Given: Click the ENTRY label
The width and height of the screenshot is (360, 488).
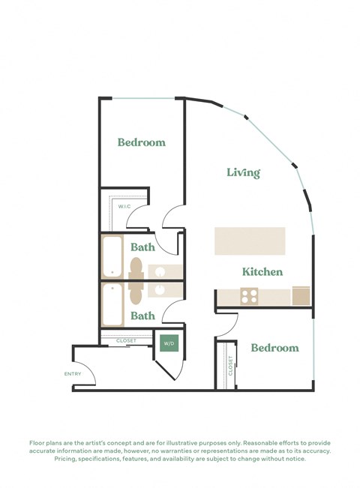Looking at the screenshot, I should tap(73, 374).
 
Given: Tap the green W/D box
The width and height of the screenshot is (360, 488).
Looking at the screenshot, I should tap(169, 343).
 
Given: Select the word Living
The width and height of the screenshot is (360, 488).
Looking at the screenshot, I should tap(243, 173).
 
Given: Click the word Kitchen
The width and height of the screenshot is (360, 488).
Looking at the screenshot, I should tap(262, 271).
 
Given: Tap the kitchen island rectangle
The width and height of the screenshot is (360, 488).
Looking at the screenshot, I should tap(250, 241).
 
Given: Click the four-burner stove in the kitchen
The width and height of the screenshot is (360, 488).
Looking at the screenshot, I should tap(250, 296).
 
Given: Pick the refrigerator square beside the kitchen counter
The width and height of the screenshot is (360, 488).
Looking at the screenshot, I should tap(301, 295).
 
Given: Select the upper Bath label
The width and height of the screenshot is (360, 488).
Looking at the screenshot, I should tap(142, 247).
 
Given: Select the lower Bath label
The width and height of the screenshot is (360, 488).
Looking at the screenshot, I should tap(142, 316).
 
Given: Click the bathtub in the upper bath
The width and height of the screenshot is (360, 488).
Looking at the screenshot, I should tap(112, 257).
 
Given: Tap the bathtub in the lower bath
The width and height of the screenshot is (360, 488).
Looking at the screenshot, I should tap(112, 304).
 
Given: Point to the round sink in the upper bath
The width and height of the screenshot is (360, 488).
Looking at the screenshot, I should tap(160, 271).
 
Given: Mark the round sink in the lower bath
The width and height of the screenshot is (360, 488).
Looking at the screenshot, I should tap(160, 289).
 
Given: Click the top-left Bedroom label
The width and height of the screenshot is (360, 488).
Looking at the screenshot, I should tap(142, 142).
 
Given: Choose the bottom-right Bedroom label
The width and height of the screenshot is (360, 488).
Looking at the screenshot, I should tap(274, 348).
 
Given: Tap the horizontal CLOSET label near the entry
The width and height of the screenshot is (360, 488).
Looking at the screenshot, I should tap(126, 341).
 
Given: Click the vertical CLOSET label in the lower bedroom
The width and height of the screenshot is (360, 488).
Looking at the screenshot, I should tap(230, 365).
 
